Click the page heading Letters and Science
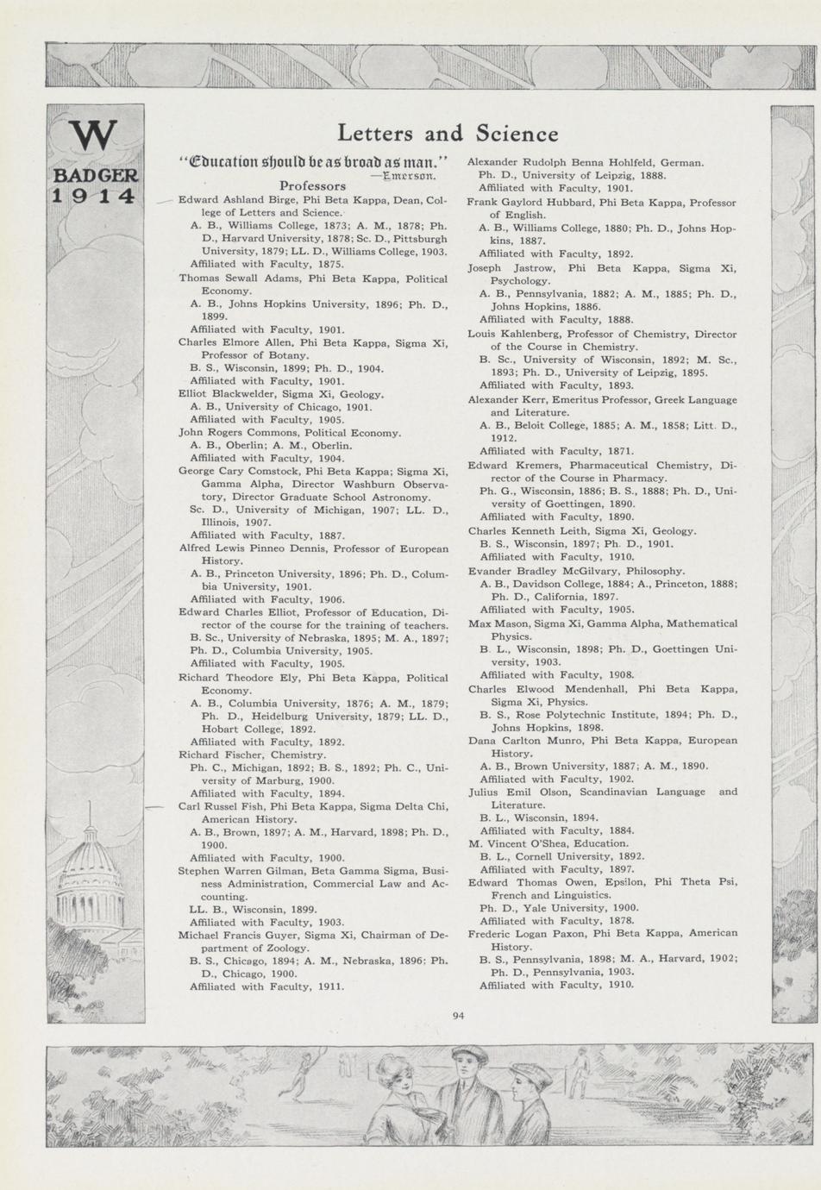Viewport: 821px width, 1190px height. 448,134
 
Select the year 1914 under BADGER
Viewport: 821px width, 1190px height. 94,196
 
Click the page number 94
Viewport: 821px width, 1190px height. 458,1016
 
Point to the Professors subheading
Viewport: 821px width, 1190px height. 312,185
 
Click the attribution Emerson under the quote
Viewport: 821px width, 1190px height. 410,173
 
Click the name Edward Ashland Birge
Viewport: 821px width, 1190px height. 224,200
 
